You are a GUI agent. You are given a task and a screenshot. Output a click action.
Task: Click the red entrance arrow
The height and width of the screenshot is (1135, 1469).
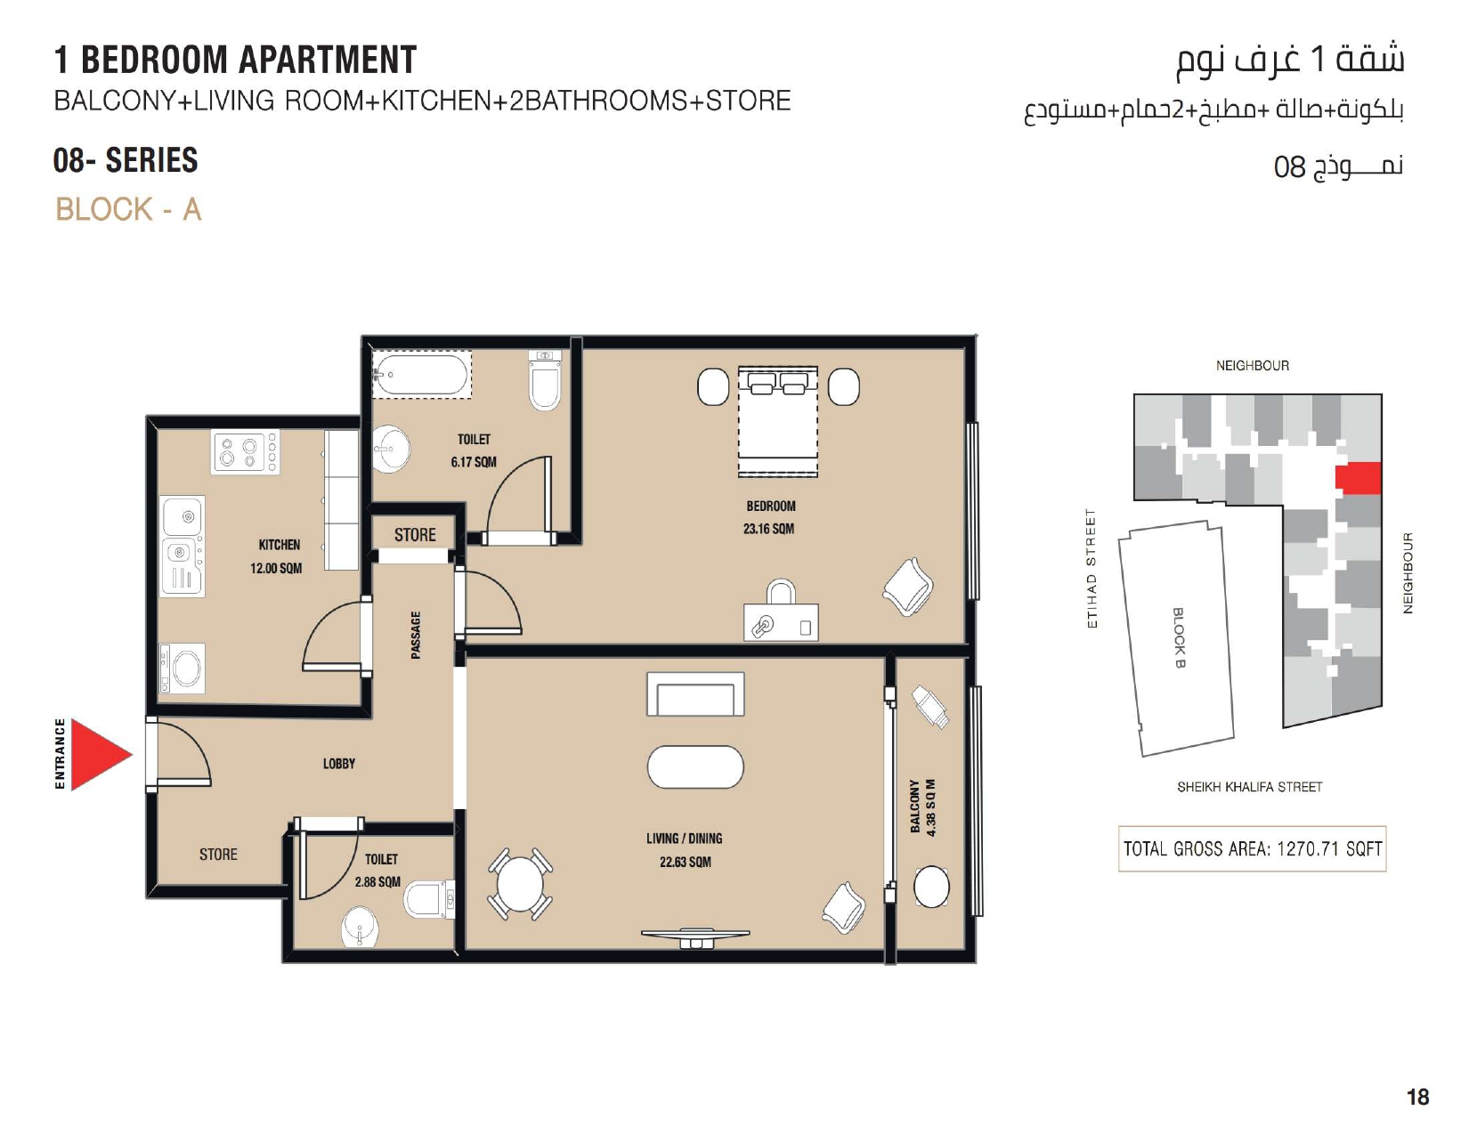[99, 754]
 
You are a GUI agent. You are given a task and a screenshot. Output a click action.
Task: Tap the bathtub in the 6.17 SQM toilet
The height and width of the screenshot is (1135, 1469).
[420, 374]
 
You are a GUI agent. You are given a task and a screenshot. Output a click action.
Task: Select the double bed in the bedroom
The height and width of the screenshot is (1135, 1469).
[777, 422]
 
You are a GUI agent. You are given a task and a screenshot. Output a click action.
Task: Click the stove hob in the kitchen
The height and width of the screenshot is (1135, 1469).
[245, 451]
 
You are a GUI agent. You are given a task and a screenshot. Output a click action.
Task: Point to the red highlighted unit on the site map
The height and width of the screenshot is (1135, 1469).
[1358, 479]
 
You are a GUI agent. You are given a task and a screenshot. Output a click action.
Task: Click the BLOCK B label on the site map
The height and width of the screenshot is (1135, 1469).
[1178, 637]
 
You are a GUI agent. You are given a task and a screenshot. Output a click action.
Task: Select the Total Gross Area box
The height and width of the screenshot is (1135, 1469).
[1252, 848]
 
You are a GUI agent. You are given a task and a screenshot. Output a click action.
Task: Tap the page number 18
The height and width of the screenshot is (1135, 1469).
[1417, 1097]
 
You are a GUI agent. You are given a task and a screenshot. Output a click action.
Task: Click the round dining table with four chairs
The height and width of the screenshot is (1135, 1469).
[520, 884]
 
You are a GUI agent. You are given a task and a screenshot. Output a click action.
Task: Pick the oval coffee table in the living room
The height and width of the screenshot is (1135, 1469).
[695, 766]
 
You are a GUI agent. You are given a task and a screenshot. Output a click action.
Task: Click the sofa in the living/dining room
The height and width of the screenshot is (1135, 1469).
[695, 693]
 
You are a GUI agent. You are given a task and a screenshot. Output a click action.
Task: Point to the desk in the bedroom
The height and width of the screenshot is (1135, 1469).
[781, 621]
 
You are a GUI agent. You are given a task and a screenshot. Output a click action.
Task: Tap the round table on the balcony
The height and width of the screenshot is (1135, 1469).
[931, 887]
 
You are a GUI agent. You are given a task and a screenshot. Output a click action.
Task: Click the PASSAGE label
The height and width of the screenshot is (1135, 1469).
[416, 635]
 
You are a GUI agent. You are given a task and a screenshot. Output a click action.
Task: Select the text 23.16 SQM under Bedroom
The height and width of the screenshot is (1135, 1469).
[768, 529]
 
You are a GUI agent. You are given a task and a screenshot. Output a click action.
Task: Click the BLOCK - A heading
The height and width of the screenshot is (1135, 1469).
[128, 209]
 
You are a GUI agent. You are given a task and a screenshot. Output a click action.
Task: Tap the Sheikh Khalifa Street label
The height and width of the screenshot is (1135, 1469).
[1249, 787]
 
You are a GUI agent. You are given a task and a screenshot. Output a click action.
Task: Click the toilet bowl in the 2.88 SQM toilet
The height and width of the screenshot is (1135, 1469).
[428, 899]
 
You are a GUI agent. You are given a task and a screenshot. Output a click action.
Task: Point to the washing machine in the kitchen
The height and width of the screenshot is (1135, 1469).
[183, 668]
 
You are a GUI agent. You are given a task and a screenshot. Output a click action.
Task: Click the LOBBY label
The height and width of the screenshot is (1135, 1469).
[338, 763]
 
